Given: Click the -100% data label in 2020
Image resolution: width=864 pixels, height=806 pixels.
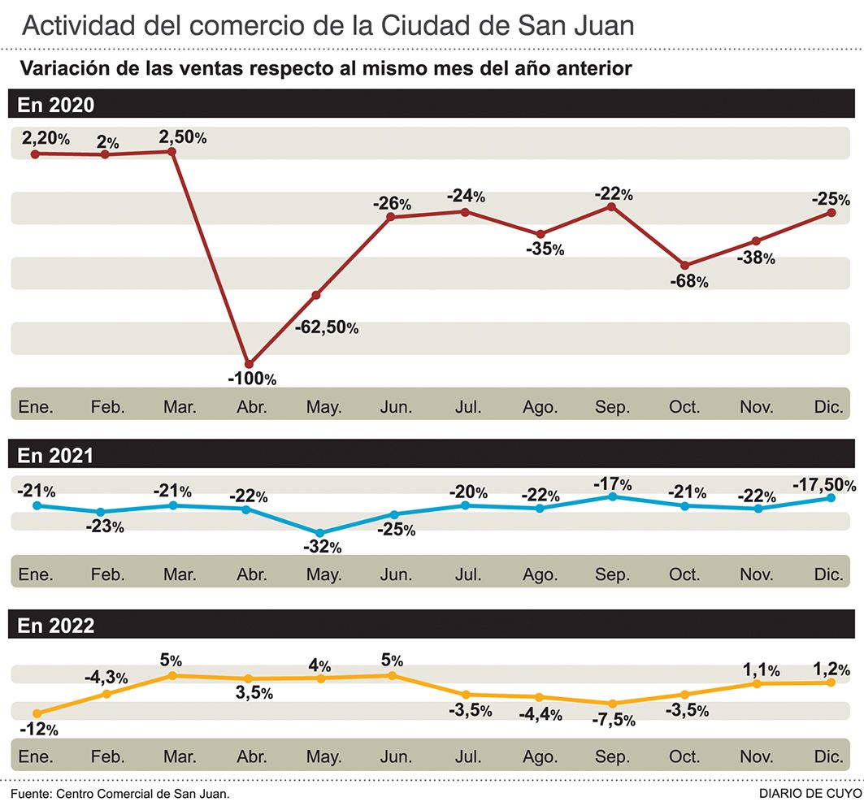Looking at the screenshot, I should [252, 379].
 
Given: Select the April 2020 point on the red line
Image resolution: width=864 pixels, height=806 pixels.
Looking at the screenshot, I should [250, 363].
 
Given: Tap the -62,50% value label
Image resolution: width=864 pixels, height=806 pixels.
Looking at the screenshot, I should [326, 327].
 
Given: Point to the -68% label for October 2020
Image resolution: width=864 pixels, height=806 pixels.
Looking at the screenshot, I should [688, 282].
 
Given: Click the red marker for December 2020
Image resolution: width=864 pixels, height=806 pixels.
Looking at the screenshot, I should [831, 213].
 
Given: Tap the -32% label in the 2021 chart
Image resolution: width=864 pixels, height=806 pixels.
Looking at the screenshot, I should [322, 548].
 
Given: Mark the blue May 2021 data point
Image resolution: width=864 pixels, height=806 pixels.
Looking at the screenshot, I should [320, 533].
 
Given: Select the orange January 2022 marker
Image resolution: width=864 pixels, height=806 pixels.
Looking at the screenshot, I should [36, 713].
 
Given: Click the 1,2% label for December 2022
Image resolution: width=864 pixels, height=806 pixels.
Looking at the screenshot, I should [830, 670].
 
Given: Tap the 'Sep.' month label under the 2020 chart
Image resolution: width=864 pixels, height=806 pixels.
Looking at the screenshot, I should [612, 407].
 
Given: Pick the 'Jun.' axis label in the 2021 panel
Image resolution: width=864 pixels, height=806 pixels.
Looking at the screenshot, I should [395, 575].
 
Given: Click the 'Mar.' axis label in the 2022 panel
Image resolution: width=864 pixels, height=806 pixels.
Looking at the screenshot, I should [180, 757].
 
